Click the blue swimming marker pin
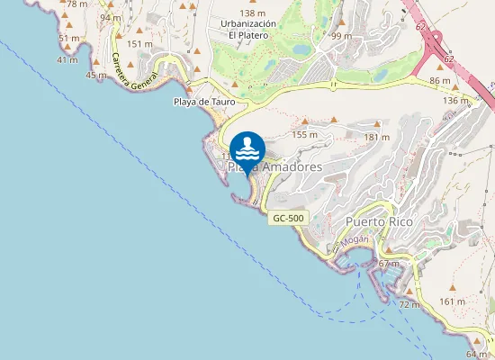click(247, 148)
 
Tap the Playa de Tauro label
click(204, 103)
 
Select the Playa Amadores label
click(274, 166)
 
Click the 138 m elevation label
click(253, 13)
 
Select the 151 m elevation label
click(139, 43)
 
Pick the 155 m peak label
click(306, 134)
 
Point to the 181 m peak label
click(376, 137)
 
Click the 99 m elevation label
click(341, 36)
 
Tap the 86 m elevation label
click(439, 82)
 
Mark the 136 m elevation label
click(456, 101)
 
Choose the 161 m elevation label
click(454, 301)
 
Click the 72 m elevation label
click(409, 305)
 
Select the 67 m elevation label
click(389, 264)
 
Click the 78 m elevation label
click(76, 4)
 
